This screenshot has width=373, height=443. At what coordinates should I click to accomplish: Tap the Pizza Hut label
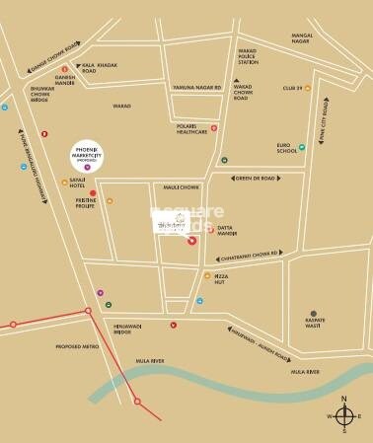coord(228,275)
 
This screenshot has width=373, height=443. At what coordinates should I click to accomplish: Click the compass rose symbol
coord(343,417)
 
